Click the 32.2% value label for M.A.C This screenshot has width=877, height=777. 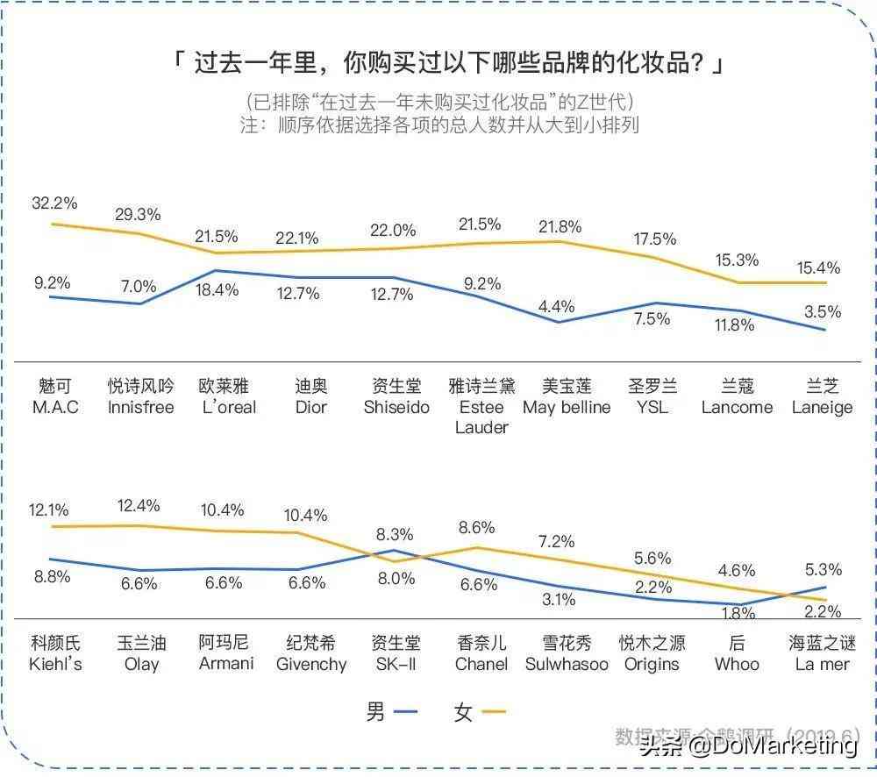[54, 203]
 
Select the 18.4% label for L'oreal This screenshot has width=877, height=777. [216, 289]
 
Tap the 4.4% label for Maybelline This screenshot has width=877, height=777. [557, 306]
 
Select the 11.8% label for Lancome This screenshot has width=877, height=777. [735, 325]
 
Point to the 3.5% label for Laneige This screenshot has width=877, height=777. [822, 311]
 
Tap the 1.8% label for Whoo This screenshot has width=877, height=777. [737, 612]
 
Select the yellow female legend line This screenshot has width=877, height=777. [494, 713]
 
